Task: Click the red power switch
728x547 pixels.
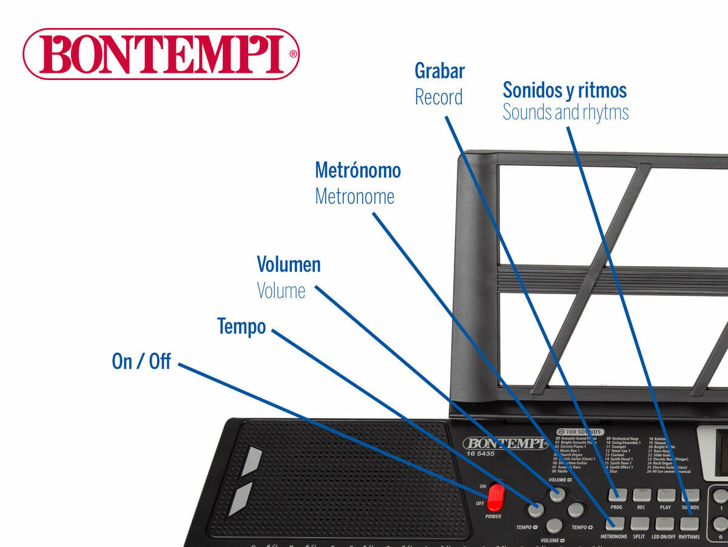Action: coord(495,497)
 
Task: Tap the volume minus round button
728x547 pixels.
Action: coord(554,525)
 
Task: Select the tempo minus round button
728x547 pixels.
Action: coord(536,510)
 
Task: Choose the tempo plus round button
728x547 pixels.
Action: coord(575,510)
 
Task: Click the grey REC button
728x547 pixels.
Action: coord(641,495)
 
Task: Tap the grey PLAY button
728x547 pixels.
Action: coord(666,495)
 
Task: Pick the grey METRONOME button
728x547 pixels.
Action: coord(614,523)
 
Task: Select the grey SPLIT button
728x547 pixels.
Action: coord(639,523)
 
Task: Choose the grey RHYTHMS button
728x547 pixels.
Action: coord(689,523)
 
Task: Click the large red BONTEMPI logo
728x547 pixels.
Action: coord(161,54)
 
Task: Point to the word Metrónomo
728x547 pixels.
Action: coord(358,170)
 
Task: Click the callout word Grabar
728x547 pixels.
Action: coord(440,71)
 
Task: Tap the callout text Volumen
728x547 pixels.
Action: coord(289,264)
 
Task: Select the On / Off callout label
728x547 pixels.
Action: coord(141,361)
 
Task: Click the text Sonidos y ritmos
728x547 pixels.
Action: coord(565,90)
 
